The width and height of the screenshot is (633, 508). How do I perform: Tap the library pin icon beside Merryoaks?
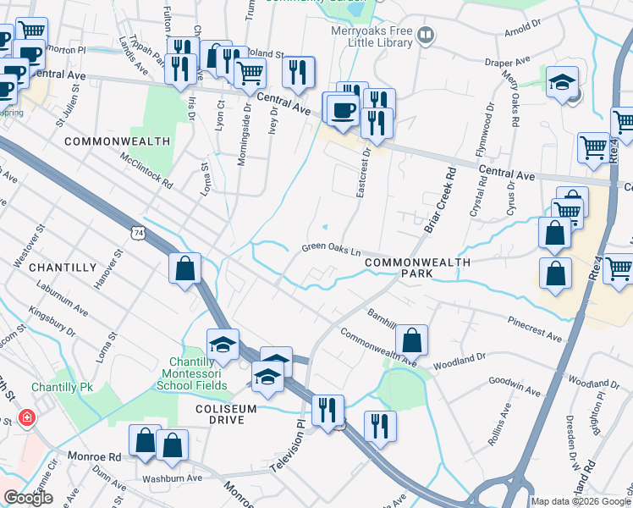pyautogui.click(x=427, y=36)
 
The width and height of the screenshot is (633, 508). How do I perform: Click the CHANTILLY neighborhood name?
pyautogui.click(x=63, y=268)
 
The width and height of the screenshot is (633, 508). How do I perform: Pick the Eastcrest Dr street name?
pyautogui.click(x=363, y=174)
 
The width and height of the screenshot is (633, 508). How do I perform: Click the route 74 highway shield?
pyautogui.click(x=138, y=231)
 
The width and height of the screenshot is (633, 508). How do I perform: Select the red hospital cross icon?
pyautogui.click(x=27, y=418)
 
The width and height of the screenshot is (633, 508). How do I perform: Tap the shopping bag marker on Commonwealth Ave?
pyautogui.click(x=410, y=340)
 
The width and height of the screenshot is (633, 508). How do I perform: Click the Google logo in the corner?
pyautogui.click(x=29, y=498)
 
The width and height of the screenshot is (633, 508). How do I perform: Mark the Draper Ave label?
pyautogui.click(x=508, y=62)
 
